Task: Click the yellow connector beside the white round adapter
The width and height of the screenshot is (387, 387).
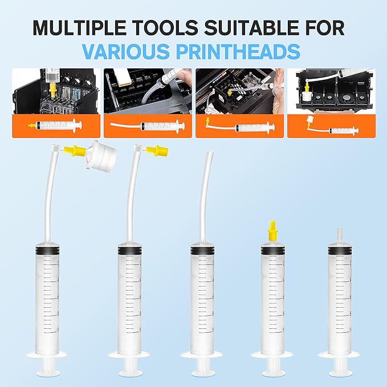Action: coord(75,151)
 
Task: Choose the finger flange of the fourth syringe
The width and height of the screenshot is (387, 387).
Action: coord(271,353)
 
